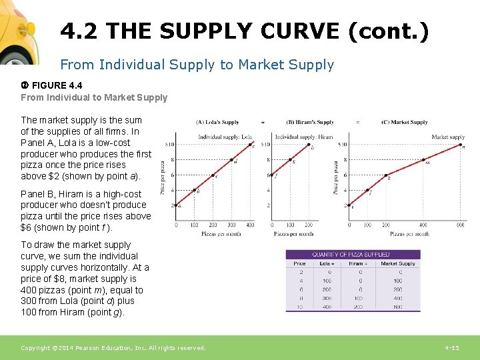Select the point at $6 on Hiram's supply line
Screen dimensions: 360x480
click(x=272, y=175)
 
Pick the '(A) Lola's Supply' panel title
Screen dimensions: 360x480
click(x=217, y=123)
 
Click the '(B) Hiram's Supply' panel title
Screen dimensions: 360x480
click(x=310, y=123)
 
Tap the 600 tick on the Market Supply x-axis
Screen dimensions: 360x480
click(x=461, y=225)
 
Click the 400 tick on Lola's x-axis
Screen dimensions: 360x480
click(x=251, y=225)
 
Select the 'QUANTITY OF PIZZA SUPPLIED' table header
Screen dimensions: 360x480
click(x=352, y=255)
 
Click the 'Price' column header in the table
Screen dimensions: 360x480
click(x=299, y=263)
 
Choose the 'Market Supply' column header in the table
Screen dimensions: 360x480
click(x=399, y=263)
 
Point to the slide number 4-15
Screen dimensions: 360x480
click(x=452, y=348)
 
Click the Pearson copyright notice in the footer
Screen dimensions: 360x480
click(x=113, y=348)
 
